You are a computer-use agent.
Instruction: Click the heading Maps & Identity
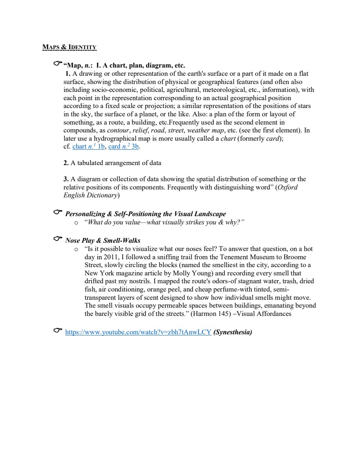[x=69, y=47]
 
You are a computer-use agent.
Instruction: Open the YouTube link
[x=138, y=332]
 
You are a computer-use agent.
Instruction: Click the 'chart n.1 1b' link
[x=88, y=146]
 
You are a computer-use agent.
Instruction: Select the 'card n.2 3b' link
[x=123, y=146]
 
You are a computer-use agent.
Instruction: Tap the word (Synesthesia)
[x=232, y=332]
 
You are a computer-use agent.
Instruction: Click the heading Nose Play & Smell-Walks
[x=103, y=241]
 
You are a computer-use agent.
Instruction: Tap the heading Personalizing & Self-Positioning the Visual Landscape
[x=145, y=214]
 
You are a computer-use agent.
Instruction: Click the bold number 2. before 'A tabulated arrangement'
[x=66, y=163]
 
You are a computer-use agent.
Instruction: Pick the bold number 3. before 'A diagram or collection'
[x=66, y=179]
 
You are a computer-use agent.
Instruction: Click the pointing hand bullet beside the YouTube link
[x=57, y=331]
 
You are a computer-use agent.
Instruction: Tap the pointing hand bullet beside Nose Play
[x=57, y=239]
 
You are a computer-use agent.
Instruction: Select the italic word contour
[x=118, y=130]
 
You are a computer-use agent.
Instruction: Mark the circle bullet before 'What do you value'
[x=76, y=223]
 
